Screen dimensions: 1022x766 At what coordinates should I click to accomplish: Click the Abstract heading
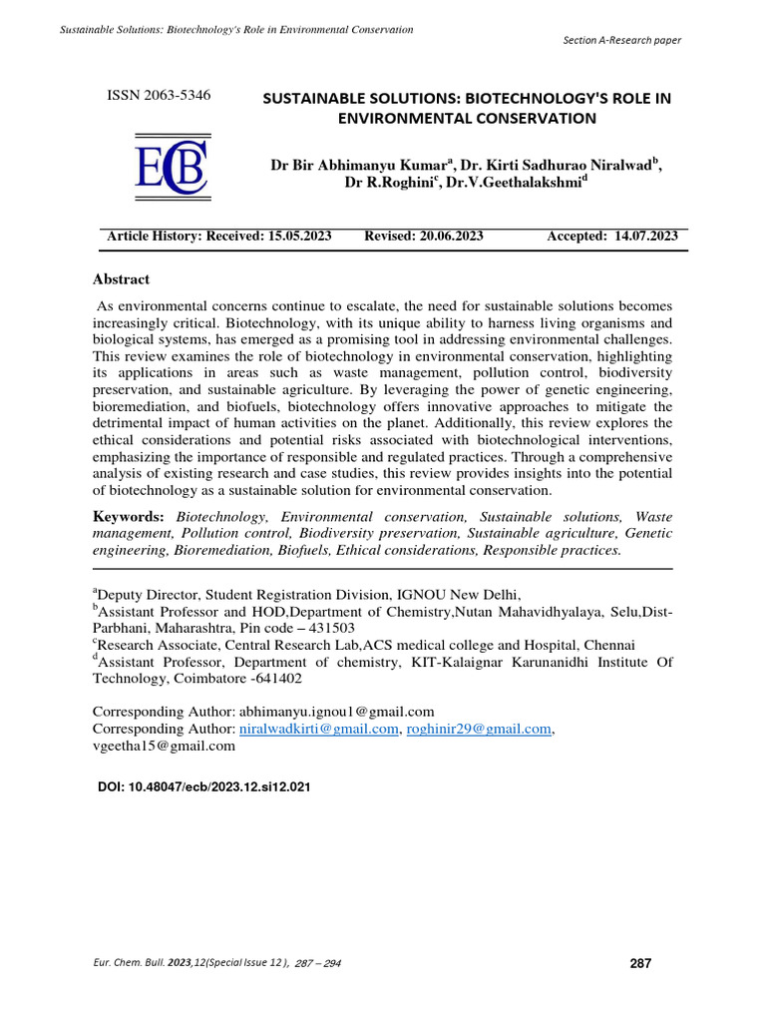[x=121, y=279]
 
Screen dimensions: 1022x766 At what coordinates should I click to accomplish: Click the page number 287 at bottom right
[x=640, y=963]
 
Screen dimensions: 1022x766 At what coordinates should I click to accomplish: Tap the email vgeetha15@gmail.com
[x=164, y=746]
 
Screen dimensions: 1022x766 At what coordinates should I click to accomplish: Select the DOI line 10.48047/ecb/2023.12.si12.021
[x=203, y=786]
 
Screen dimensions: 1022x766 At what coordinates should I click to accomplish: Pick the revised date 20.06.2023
[x=447, y=236]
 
